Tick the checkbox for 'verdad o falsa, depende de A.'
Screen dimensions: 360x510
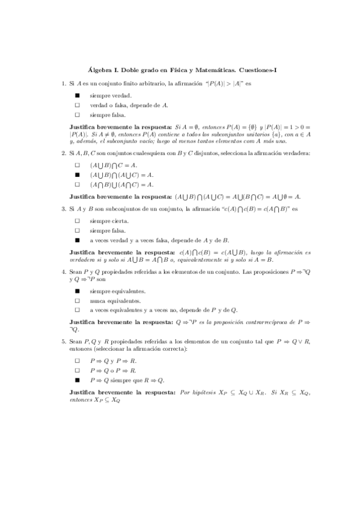77,105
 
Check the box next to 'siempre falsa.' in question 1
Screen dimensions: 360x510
77,115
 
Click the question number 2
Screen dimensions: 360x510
63,153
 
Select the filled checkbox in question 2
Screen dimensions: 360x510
77,174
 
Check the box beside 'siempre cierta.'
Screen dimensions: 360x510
77,221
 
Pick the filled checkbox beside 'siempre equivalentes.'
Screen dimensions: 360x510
77,291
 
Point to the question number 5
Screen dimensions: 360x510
63,341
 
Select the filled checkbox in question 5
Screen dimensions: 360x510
77,380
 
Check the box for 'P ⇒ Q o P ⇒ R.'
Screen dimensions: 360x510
77,370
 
